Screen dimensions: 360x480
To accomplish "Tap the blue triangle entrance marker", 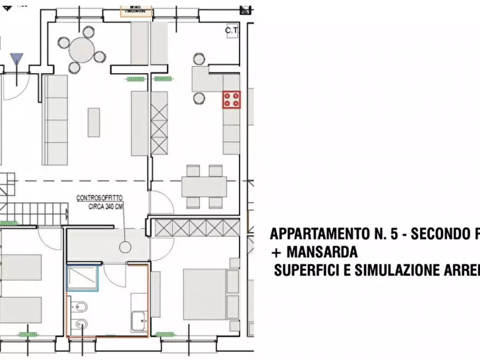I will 17,59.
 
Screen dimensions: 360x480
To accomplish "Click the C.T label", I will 232,31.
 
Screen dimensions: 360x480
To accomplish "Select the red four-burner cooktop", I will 232,99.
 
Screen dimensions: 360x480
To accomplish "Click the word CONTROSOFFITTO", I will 99,198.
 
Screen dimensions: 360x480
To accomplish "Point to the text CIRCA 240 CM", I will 106,206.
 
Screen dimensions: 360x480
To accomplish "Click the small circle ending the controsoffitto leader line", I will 126,247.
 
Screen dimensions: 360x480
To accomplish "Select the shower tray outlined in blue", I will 82,277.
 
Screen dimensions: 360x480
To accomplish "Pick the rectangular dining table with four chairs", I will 204,187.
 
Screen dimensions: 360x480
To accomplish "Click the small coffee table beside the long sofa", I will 94,122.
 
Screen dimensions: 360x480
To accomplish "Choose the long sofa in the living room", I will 55,120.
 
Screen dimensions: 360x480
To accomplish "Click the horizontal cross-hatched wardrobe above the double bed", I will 197,228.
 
